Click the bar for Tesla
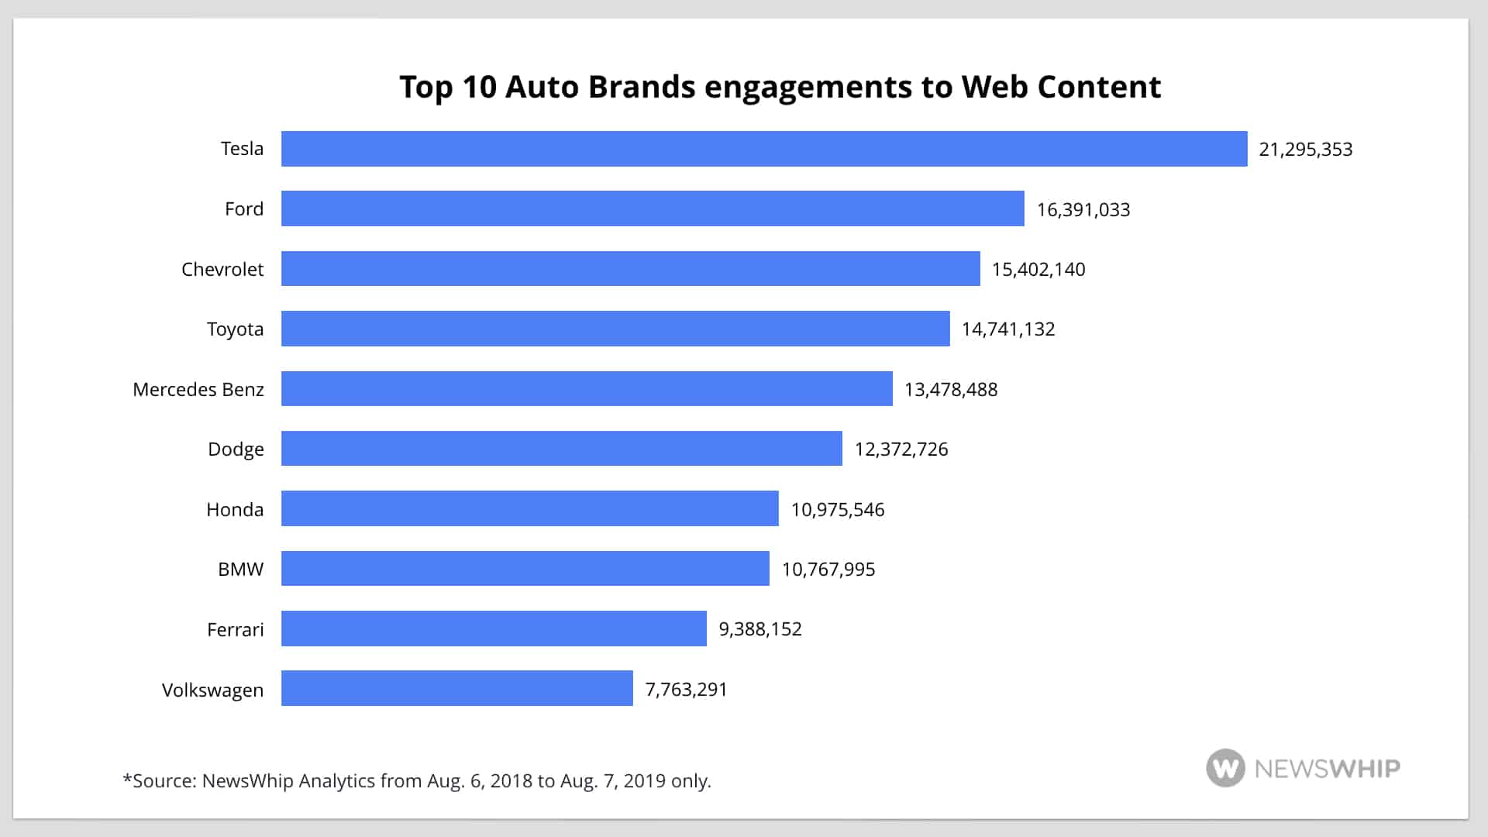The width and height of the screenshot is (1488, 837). [x=763, y=149]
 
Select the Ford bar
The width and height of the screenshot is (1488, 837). [x=652, y=208]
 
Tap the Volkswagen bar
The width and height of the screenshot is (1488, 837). [x=456, y=688]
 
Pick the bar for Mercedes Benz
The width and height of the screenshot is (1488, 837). [x=586, y=388]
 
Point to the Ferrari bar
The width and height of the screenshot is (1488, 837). [x=493, y=629]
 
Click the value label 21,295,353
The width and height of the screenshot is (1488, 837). [x=1305, y=150]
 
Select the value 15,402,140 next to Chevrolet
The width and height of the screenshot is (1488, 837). [x=1038, y=270]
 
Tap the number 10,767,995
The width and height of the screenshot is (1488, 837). [x=828, y=570]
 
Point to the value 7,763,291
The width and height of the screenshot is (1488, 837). [x=686, y=690]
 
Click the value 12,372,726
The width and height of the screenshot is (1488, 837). [x=901, y=449]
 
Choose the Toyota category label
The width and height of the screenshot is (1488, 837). [x=235, y=329]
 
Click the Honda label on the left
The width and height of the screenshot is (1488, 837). [x=235, y=510]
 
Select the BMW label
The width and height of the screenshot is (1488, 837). [x=240, y=570]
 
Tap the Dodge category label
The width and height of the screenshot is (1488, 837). [x=236, y=449]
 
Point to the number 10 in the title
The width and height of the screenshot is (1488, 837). [x=479, y=87]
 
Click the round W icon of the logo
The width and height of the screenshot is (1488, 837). [x=1225, y=768]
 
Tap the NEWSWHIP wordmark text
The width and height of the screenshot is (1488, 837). [x=1327, y=769]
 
